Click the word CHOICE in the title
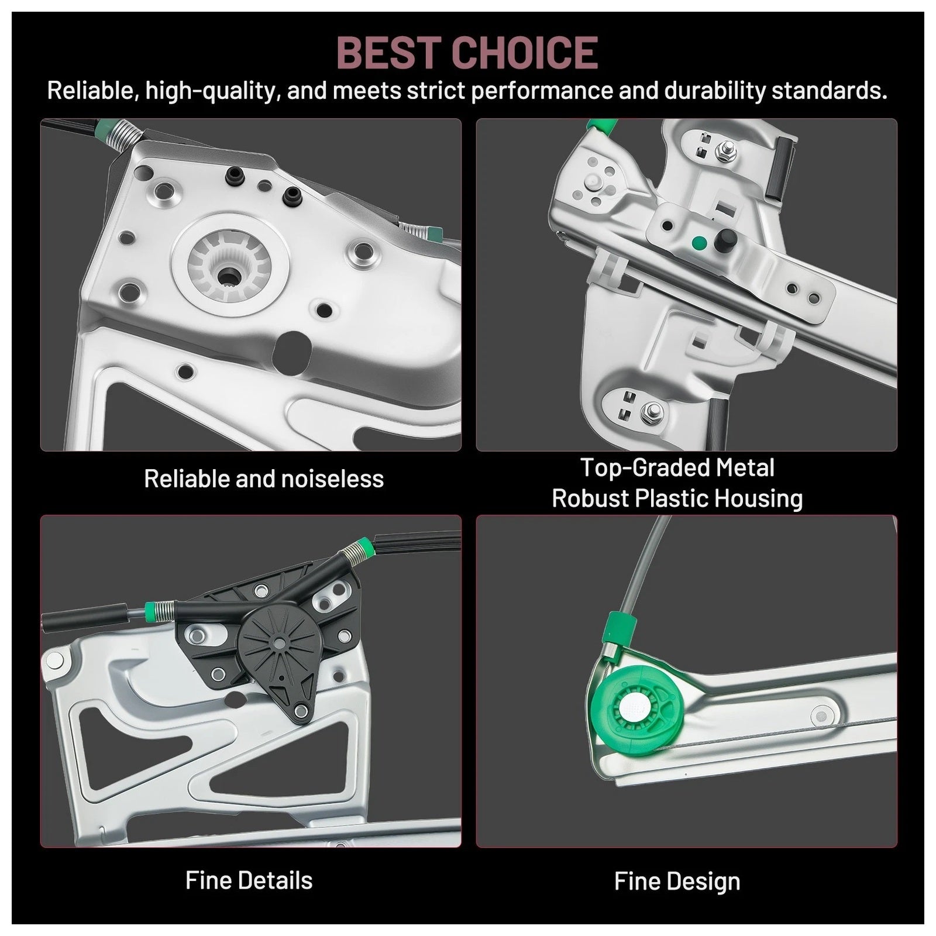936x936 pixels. [525, 53]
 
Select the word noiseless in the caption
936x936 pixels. [332, 479]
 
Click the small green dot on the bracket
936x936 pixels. [697, 243]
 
